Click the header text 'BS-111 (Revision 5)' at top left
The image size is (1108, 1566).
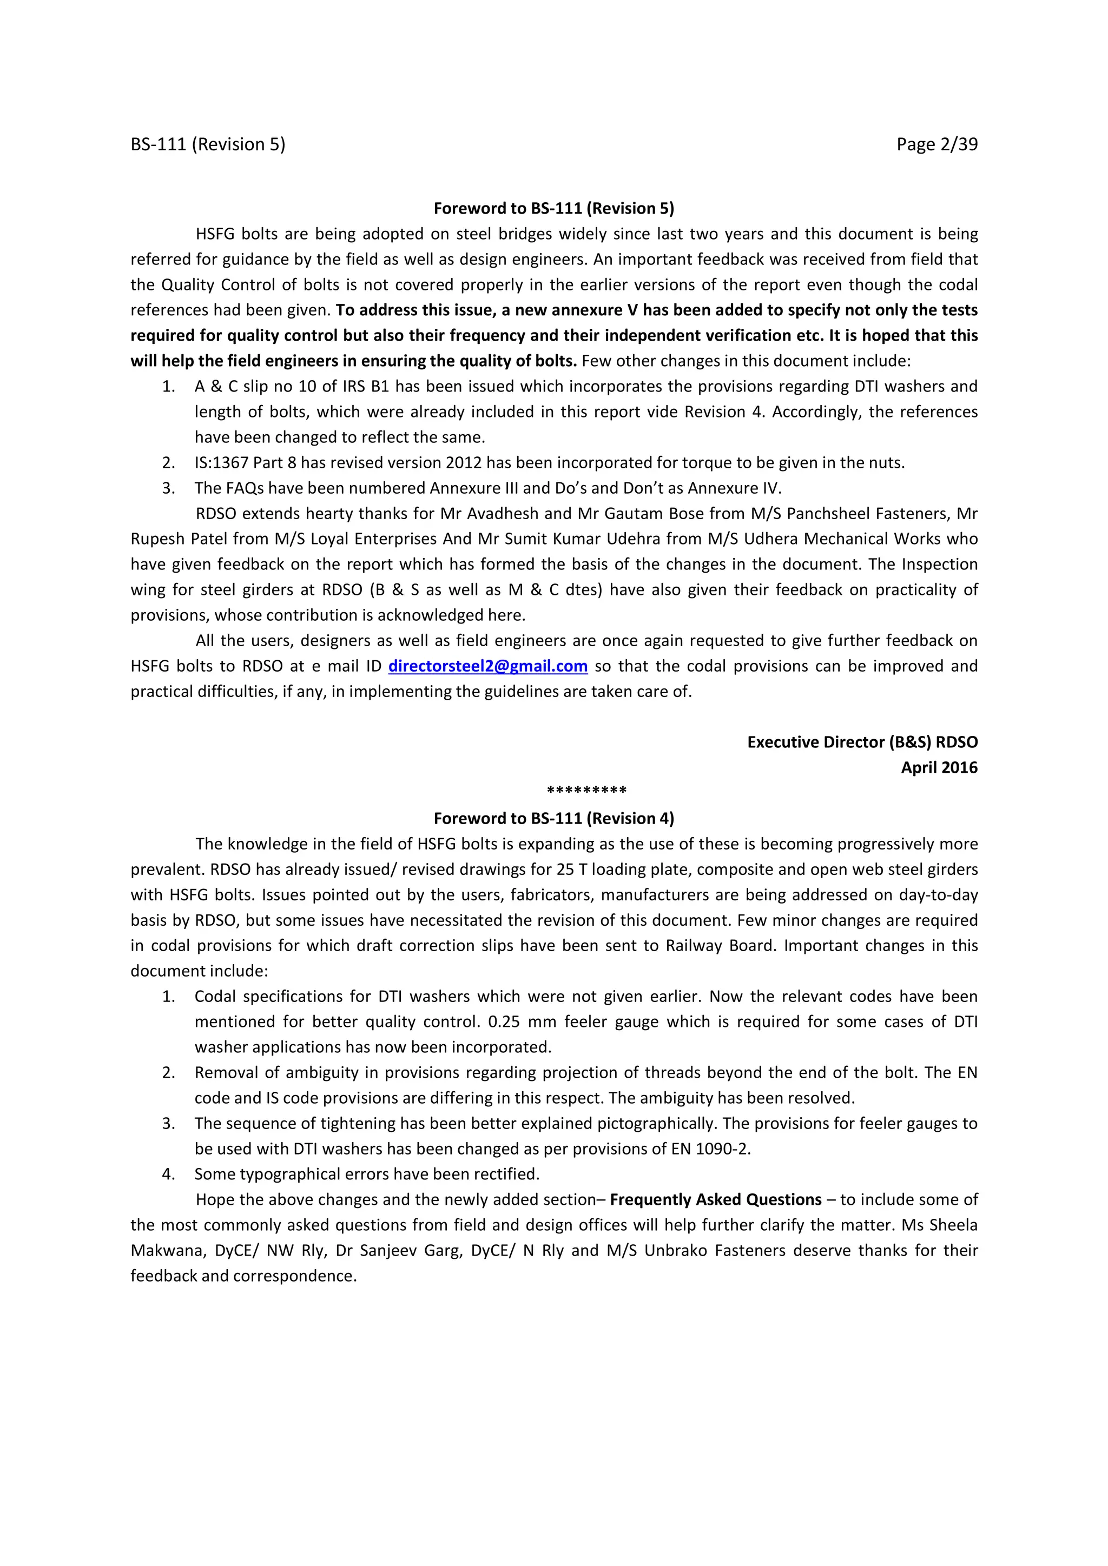click(x=208, y=144)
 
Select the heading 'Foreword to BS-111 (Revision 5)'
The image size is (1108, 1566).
click(x=553, y=208)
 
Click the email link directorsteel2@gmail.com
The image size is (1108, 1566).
click(x=488, y=666)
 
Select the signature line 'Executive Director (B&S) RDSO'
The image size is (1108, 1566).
click(x=862, y=742)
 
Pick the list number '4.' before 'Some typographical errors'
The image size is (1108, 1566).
click(x=168, y=1174)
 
